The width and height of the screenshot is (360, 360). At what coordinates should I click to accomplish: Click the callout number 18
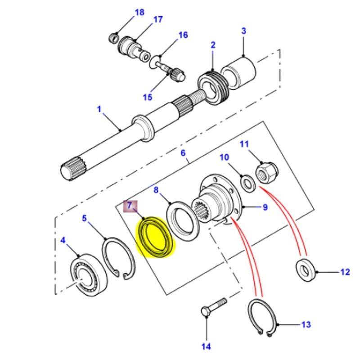139,12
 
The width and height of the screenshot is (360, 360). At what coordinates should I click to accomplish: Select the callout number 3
243,31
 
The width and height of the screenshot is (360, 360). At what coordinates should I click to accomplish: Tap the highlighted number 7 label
129,206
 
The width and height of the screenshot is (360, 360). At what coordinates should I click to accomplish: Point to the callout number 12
344,272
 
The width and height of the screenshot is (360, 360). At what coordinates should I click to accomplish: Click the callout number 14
206,346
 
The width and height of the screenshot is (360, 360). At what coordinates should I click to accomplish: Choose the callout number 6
183,153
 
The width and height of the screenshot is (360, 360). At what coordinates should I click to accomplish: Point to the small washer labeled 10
246,183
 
